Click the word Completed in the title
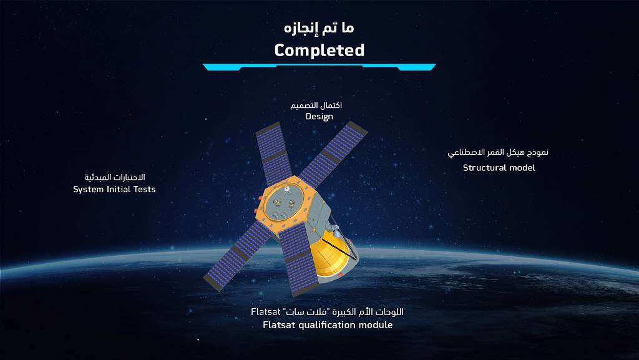tap(319, 50)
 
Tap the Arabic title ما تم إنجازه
tap(319, 27)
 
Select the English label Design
tap(319, 117)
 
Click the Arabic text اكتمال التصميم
tap(316, 105)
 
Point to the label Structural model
tap(499, 167)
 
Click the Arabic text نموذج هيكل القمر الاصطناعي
tap(499, 152)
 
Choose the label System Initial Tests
tap(114, 189)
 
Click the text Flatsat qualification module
tap(328, 325)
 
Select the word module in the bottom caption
tap(375, 325)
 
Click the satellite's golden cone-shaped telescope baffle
tap(331, 256)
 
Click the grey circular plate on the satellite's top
tap(288, 200)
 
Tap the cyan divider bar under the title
tap(319, 67)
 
